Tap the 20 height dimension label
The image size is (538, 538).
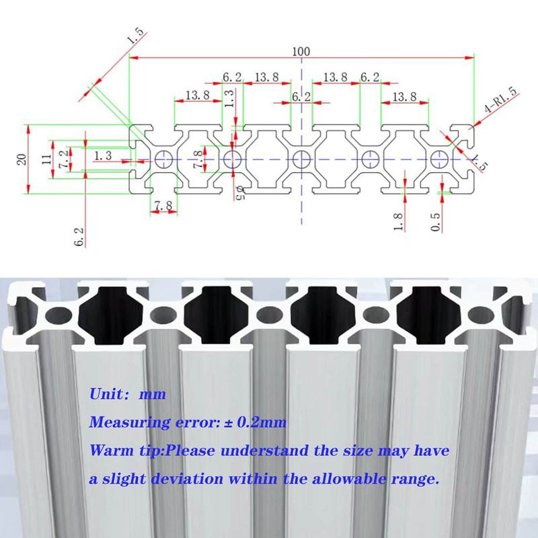tap(22, 160)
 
